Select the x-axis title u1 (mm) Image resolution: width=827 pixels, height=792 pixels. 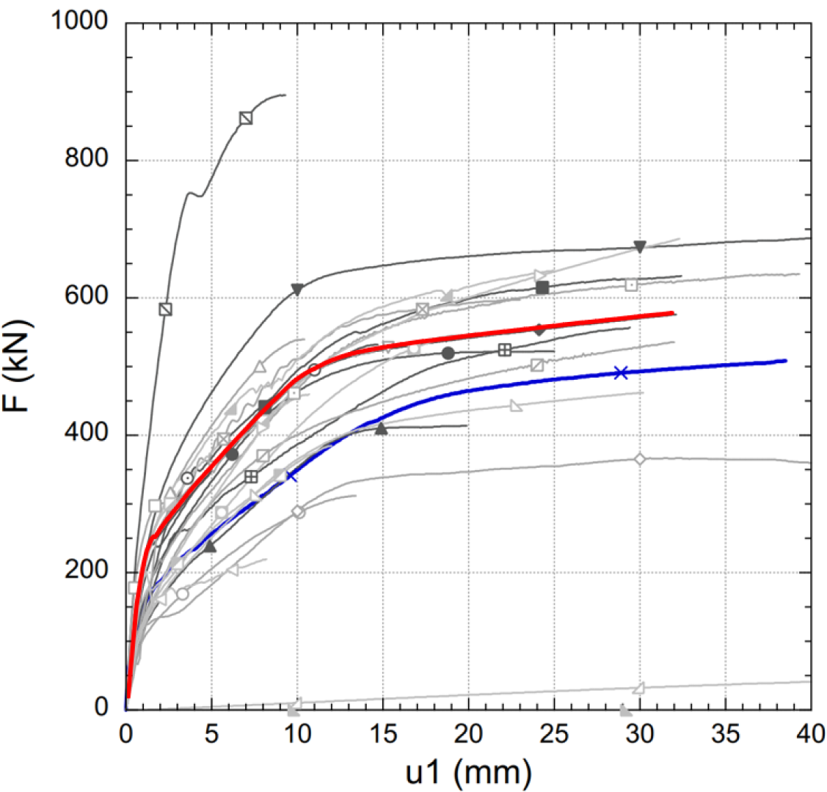[467, 770]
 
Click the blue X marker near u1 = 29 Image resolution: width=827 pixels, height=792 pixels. [621, 373]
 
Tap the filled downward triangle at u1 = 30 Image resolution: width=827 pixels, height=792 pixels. [639, 246]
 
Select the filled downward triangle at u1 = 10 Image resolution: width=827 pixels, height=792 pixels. [297, 289]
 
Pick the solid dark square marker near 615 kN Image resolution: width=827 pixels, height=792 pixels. [542, 287]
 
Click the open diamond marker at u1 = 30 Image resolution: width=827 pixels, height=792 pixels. [639, 459]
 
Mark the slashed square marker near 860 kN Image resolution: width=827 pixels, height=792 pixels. [246, 118]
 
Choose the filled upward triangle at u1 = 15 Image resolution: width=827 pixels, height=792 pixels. [381, 428]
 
